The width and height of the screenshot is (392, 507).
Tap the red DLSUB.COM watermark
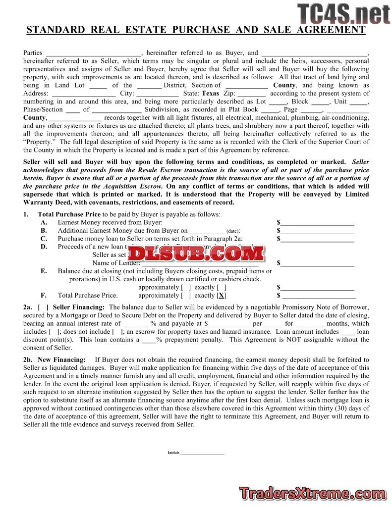click(x=196, y=253)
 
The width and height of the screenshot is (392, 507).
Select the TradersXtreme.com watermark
click(x=313, y=493)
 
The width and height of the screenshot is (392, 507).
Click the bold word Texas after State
click(x=210, y=93)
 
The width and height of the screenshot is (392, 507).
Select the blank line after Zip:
click(x=251, y=94)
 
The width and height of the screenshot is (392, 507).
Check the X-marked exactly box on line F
click(x=222, y=296)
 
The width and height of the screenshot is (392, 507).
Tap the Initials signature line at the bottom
click(x=202, y=453)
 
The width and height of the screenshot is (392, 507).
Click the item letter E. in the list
click(x=44, y=271)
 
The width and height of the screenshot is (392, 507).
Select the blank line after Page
click(x=311, y=110)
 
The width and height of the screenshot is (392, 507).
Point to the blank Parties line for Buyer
click(x=94, y=53)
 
